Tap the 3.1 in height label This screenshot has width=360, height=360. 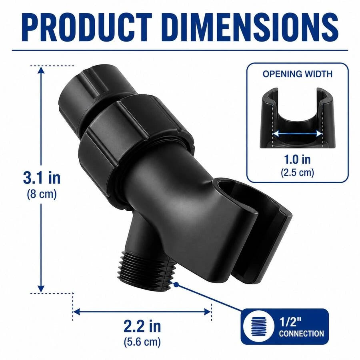point(42,178)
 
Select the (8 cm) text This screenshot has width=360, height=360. point(42,194)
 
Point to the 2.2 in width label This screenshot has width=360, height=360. point(142,326)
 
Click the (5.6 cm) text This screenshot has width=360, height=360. point(142,342)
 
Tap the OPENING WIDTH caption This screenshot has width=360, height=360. point(298,74)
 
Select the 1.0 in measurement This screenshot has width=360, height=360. point(298,159)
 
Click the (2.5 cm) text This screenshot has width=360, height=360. point(298,172)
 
